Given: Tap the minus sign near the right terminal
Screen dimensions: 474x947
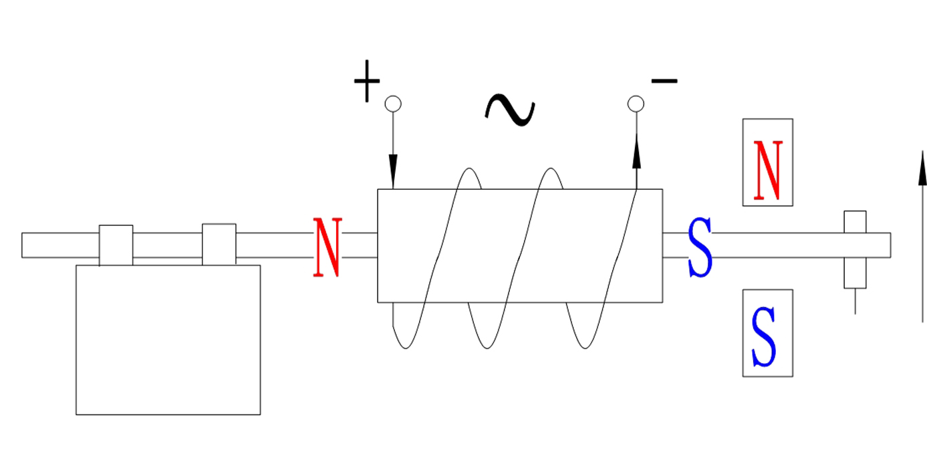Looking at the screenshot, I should pos(664,81).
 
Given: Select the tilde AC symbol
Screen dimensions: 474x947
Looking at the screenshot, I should pos(509,110).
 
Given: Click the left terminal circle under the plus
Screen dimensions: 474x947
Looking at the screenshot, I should pos(393,104).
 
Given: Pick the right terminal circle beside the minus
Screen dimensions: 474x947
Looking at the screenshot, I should pos(636,104).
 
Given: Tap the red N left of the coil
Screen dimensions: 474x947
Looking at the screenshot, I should pos(327,247).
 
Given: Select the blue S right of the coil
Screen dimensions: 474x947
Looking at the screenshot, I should pos(700,247).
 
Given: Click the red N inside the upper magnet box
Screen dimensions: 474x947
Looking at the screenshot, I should pos(767,170).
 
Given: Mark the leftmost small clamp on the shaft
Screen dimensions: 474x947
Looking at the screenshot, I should pos(116,245).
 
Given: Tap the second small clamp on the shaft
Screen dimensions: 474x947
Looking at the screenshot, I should pos(219,244).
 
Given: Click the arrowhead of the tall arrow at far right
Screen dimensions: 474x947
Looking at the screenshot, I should pos(922,167).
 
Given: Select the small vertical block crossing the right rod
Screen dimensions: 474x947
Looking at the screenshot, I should pos(855,249).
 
